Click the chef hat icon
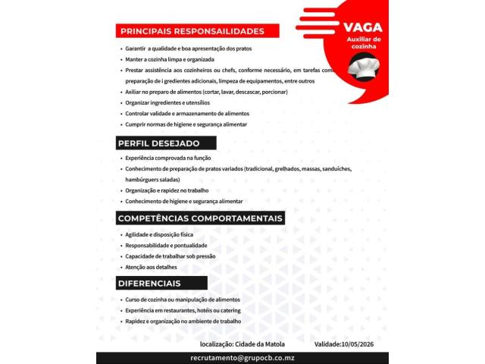[364, 67]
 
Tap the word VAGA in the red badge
[364, 27]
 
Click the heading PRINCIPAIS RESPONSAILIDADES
[192, 31]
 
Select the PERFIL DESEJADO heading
[159, 143]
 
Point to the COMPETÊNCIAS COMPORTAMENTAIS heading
[200, 218]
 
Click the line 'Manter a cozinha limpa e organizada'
[170, 59]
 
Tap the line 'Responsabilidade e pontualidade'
[164, 246]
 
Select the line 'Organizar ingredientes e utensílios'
[167, 102]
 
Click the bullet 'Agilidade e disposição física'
[159, 234]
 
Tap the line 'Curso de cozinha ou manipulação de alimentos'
[183, 300]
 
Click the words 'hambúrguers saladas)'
[153, 180]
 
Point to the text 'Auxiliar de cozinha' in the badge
[364, 42]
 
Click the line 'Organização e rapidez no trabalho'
[167, 190]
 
